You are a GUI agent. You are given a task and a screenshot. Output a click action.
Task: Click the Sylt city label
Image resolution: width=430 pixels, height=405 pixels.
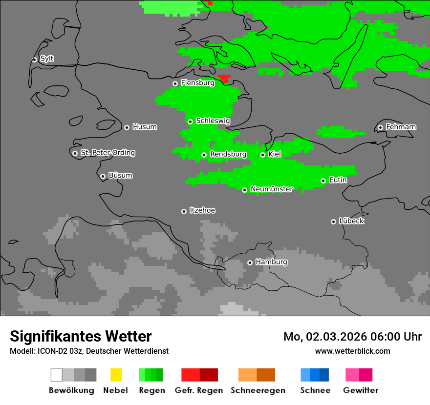coord(47,59)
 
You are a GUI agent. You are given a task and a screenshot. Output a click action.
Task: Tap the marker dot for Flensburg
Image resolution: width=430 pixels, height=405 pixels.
coord(175,83)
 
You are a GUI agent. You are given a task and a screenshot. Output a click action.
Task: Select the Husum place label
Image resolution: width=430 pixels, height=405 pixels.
coord(145,127)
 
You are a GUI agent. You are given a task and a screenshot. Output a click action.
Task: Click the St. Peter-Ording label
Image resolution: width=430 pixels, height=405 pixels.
coord(107,153)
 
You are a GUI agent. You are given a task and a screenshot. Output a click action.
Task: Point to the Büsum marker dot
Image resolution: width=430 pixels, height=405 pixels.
coord(103,176)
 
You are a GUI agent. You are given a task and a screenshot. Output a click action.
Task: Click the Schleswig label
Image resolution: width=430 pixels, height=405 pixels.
coord(213,121)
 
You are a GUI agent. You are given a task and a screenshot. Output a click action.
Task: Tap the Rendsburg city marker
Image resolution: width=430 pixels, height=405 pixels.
coord(204,155)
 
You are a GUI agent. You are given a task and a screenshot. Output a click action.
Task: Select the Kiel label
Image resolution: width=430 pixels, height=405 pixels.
coord(275,154)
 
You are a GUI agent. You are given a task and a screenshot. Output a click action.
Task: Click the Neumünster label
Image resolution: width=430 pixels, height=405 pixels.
coord(272,189)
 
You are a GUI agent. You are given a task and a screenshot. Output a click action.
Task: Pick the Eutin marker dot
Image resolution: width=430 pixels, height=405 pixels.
coord(323,181)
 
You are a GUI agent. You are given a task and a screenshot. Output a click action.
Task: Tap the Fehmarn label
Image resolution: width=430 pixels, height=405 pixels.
coord(401,127)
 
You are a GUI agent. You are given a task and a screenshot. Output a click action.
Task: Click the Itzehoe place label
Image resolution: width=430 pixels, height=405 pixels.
coord(202,210)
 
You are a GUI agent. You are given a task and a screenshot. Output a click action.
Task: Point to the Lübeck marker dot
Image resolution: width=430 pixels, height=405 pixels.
coord(333,222)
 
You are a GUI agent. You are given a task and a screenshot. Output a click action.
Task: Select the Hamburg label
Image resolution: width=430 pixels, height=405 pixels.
coord(271,262)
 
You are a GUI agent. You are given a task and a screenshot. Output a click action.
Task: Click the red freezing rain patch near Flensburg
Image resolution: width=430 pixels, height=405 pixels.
coord(224,78)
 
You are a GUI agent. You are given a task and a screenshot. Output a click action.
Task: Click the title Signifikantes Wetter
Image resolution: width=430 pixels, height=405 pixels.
coord(81,336)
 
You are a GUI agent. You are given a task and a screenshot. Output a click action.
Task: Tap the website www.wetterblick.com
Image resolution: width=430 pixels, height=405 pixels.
coord(352,351)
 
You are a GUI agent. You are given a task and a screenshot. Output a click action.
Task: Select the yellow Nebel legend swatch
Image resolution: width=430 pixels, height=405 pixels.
coord(116,375)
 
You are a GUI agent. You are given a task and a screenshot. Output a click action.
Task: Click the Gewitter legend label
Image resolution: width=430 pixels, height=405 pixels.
coord(360,390)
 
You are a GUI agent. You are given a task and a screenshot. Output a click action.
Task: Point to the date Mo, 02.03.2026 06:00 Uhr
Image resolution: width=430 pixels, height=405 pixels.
coord(352,337)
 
